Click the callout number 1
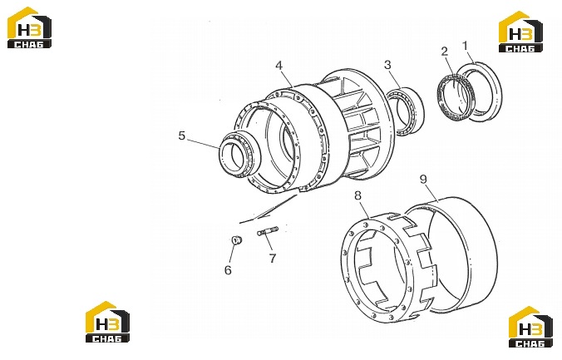(466, 46)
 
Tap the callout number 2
(445, 52)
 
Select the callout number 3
(387, 65)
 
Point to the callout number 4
(279, 66)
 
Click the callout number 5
(182, 136)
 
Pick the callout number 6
(228, 270)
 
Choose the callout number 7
(273, 259)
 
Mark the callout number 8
(357, 195)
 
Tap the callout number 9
(423, 180)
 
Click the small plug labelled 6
(237, 240)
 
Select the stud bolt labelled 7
(268, 230)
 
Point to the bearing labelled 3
(405, 111)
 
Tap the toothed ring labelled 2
(454, 94)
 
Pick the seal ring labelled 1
(481, 91)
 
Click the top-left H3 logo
(30, 27)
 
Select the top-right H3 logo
(520, 32)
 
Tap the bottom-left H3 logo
(107, 322)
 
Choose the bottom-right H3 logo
(530, 327)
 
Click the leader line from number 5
(203, 143)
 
